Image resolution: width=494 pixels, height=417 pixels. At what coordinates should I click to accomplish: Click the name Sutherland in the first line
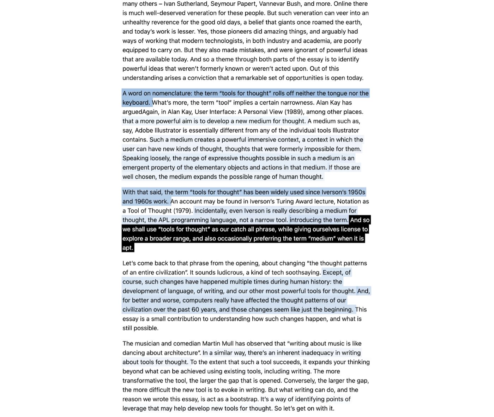193,4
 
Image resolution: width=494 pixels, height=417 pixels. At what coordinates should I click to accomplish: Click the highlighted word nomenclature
172,93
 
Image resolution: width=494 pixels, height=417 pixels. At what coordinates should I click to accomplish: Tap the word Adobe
144,130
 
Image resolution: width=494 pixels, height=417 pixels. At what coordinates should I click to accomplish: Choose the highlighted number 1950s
356,192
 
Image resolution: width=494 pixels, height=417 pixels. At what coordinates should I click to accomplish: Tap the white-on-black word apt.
127,248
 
